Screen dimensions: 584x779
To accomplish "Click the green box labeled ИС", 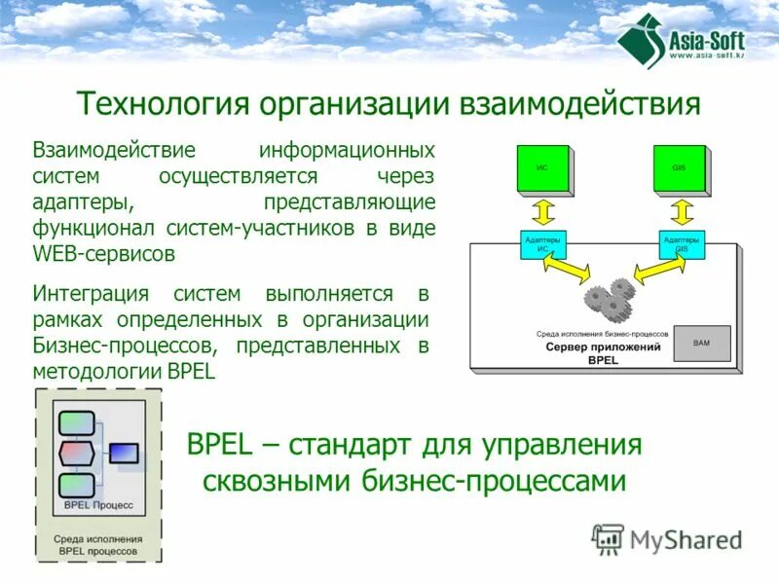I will pyautogui.click(x=540, y=168).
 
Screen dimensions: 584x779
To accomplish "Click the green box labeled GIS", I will pyautogui.click(x=679, y=168).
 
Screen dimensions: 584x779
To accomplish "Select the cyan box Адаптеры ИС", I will pyautogui.click(x=541, y=243).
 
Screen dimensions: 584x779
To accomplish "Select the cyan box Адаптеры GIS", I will pyautogui.click(x=681, y=243).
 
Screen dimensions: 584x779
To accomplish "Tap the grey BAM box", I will pyautogui.click(x=702, y=343).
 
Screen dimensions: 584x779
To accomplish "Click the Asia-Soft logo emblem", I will pyautogui.click(x=640, y=42).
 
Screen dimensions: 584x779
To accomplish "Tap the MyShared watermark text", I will pyautogui.click(x=684, y=539).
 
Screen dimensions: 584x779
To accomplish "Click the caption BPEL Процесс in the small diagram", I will pyautogui.click(x=98, y=506).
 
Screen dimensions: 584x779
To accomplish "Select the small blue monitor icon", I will pyautogui.click(x=124, y=453).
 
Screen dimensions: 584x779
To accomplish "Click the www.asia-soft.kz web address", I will pyautogui.click(x=705, y=55).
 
